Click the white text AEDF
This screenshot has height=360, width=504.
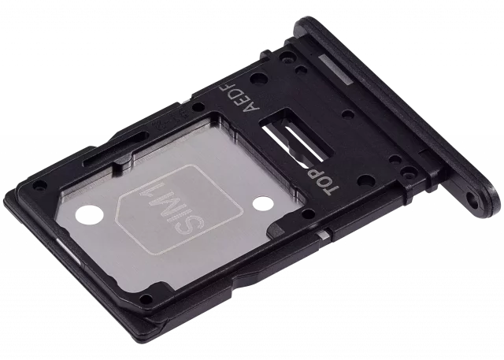[243, 98]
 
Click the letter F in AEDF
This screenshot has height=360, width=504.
[231, 89]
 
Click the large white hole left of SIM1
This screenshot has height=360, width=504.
[89, 217]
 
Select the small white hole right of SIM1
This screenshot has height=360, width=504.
[261, 203]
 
